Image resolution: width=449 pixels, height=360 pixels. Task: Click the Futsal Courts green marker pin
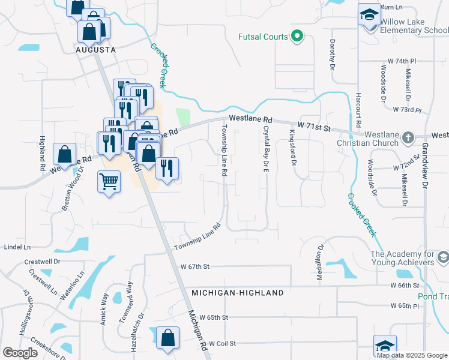296,37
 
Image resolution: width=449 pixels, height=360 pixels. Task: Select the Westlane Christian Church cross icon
407,136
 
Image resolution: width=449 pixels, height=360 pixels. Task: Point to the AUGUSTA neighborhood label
96,50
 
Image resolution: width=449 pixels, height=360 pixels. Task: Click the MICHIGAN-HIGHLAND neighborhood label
238,293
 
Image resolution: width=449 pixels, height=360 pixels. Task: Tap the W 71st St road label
312,128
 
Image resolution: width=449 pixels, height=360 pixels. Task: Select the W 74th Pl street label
402,62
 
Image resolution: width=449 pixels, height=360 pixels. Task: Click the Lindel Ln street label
17,247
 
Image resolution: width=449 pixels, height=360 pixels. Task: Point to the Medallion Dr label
319,262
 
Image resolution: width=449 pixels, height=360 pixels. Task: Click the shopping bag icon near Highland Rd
64,155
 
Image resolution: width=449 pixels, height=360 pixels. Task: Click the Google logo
20,352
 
